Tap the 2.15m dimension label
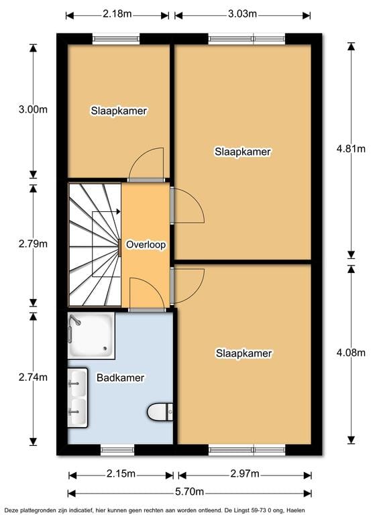point(121,474)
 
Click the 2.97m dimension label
point(243,474)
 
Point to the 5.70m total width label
point(189,492)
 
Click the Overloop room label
point(146,245)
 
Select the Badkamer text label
point(121,378)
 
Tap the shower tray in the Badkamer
point(91,336)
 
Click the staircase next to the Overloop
point(94,245)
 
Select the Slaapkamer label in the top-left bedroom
point(119,111)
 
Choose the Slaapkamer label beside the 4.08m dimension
point(243,353)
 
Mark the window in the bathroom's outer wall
point(117,449)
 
